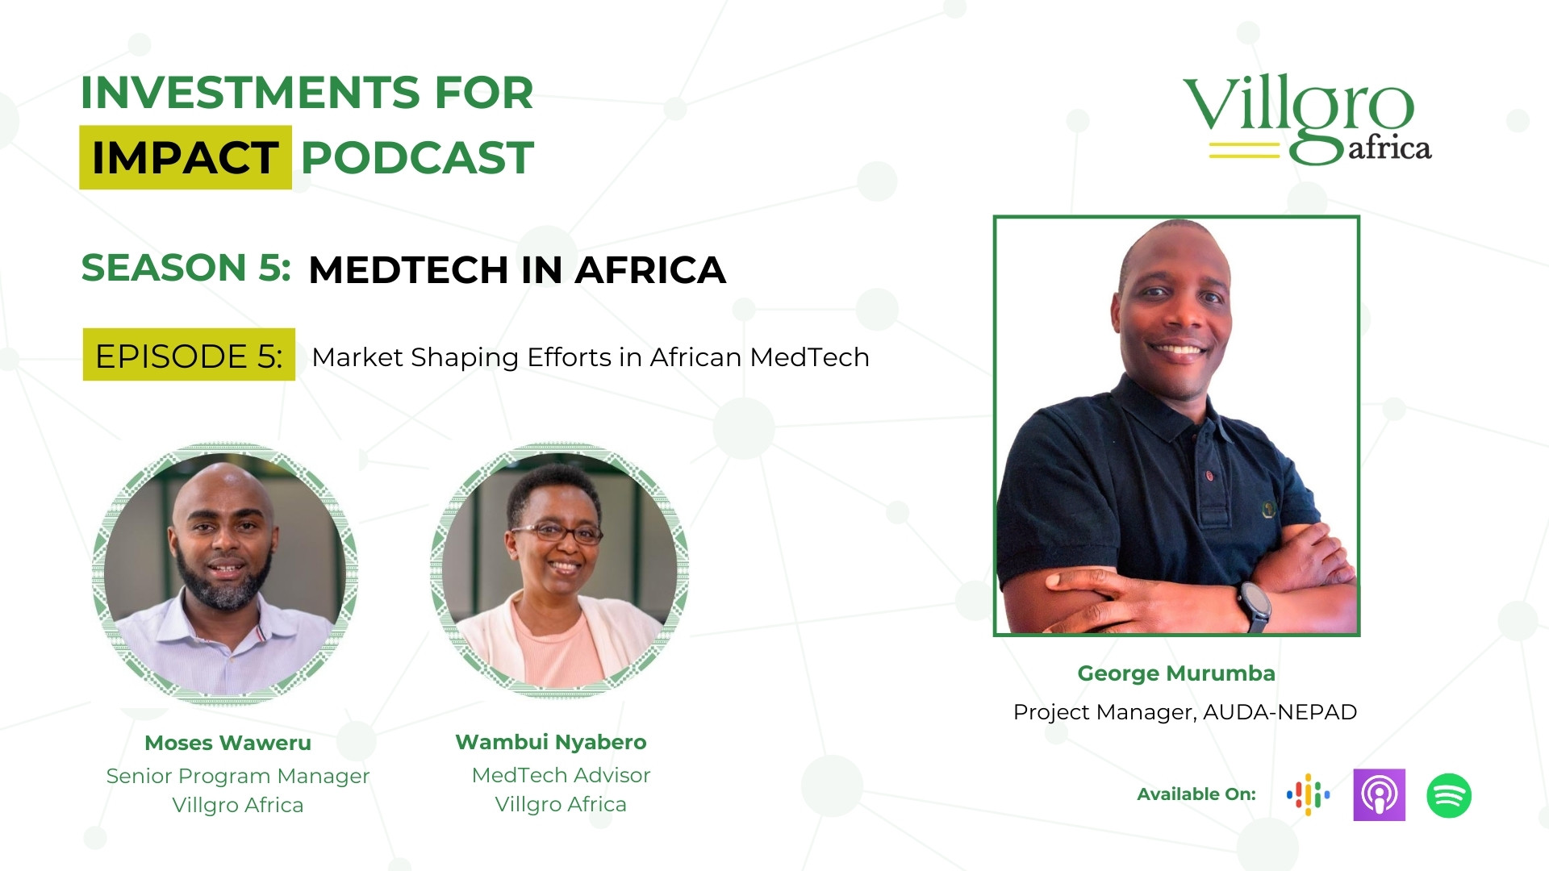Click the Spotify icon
1449,795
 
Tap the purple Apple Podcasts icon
1379,795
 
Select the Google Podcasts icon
1308,795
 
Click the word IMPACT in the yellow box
186,157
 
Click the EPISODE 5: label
189,356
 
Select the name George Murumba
1176,673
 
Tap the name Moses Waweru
228,743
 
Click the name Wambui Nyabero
551,743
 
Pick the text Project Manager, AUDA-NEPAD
1185,712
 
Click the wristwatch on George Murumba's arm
1255,606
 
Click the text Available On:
1196,794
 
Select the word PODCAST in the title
417,157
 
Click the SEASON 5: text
186,268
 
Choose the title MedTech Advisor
561,775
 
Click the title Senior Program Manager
238,777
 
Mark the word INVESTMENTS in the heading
249,93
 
